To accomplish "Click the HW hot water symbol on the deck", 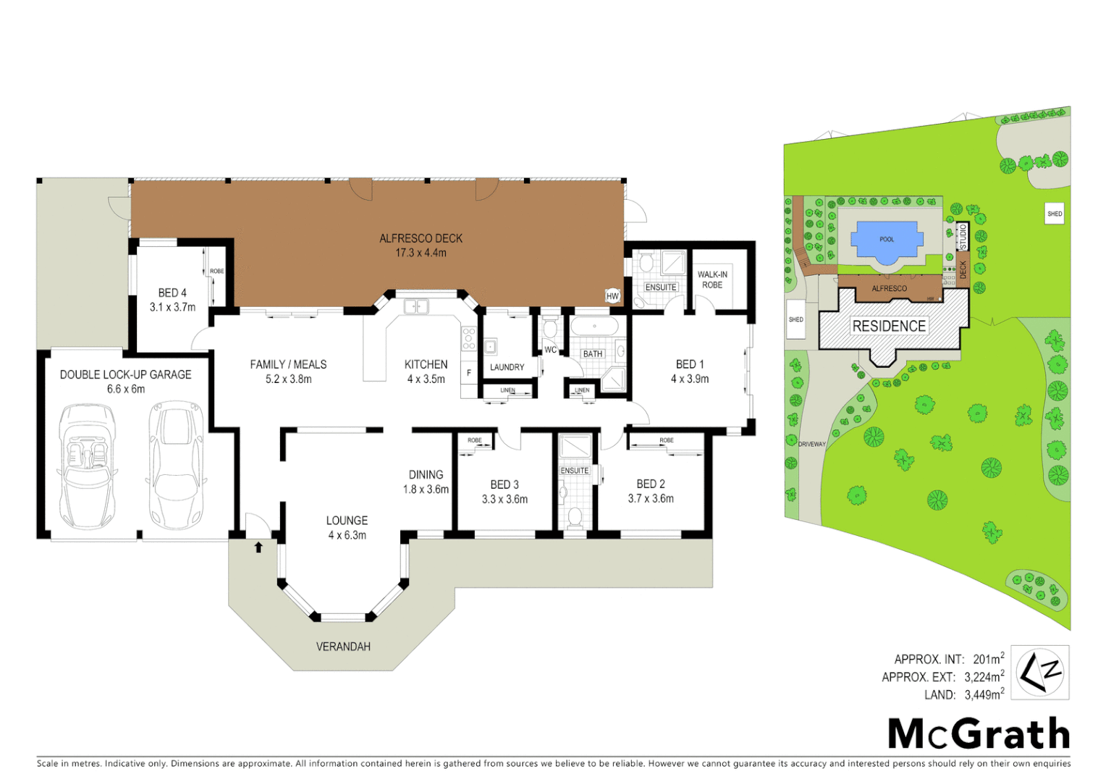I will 612,296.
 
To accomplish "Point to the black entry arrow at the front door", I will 258,547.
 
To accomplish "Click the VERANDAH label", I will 343,647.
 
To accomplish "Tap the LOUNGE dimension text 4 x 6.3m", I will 347,536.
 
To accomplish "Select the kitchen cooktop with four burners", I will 469,339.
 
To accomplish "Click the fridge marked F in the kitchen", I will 469,373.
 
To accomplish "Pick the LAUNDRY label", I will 507,367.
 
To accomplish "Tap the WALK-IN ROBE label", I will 712,279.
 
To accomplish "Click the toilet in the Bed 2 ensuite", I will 575,517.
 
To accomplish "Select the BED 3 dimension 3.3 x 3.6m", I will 505,500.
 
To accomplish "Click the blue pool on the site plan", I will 887,240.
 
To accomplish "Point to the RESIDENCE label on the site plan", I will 889,327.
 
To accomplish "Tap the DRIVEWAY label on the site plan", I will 811,444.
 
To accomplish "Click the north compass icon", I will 1039,673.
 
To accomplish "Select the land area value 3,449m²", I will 984,695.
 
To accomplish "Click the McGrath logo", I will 979,733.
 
